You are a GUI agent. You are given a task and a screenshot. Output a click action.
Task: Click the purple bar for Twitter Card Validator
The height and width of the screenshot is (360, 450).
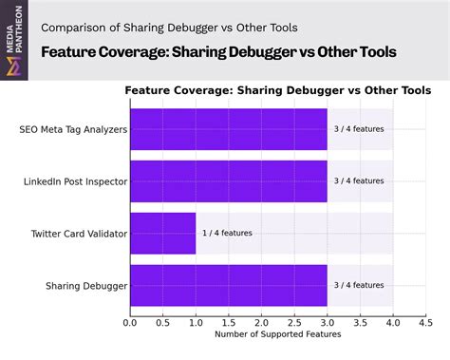pyautogui.click(x=162, y=233)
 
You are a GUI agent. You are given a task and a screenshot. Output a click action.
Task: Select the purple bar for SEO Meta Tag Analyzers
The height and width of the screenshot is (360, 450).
pyautogui.click(x=228, y=128)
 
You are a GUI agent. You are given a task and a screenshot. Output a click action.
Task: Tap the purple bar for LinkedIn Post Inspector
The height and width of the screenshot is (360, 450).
pyautogui.click(x=228, y=180)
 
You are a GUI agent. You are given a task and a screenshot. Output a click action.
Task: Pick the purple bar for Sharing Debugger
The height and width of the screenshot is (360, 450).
pyautogui.click(x=228, y=285)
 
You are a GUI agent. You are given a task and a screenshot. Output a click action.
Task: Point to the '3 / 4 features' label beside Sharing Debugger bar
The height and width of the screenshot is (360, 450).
pyautogui.click(x=359, y=285)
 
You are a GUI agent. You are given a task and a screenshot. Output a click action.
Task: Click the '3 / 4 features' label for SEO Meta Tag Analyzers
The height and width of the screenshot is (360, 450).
pyautogui.click(x=359, y=128)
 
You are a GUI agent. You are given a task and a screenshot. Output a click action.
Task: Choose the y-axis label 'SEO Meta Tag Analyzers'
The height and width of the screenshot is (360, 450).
pyautogui.click(x=72, y=128)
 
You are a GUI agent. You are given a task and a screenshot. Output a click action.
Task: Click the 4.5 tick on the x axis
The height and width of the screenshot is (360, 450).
pyautogui.click(x=425, y=322)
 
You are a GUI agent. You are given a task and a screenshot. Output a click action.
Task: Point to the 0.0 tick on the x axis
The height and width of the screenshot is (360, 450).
pyautogui.click(x=130, y=322)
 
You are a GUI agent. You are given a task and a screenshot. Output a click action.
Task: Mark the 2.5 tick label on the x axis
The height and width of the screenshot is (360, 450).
pyautogui.click(x=294, y=322)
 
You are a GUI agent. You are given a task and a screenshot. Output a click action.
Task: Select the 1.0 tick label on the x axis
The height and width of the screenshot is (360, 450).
pyautogui.click(x=196, y=322)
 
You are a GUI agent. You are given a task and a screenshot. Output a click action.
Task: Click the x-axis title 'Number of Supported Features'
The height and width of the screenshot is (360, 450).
pyautogui.click(x=277, y=334)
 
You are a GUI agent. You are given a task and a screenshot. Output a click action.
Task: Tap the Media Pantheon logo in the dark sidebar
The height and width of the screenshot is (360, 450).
pyautogui.click(x=12, y=57)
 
